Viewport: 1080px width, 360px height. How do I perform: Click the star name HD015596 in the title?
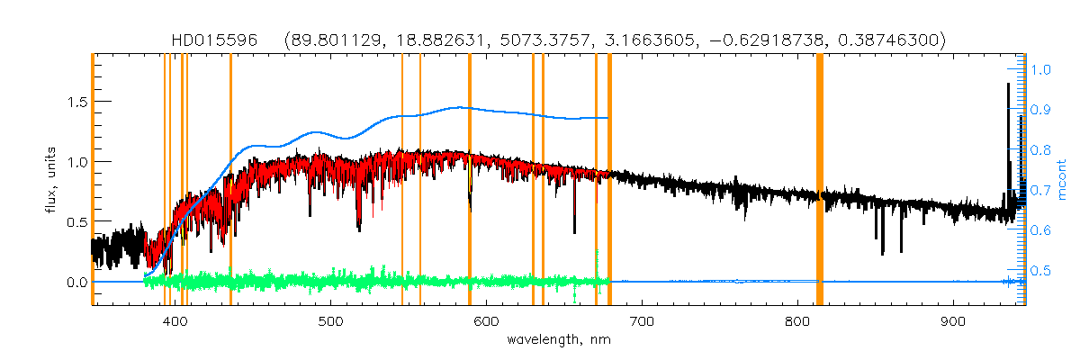[214, 40]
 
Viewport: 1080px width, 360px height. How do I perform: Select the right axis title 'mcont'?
[1063, 180]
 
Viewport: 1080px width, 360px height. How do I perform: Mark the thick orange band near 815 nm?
[820, 180]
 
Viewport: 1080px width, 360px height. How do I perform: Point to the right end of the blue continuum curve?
[608, 118]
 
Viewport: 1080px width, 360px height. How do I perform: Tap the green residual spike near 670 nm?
[597, 258]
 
